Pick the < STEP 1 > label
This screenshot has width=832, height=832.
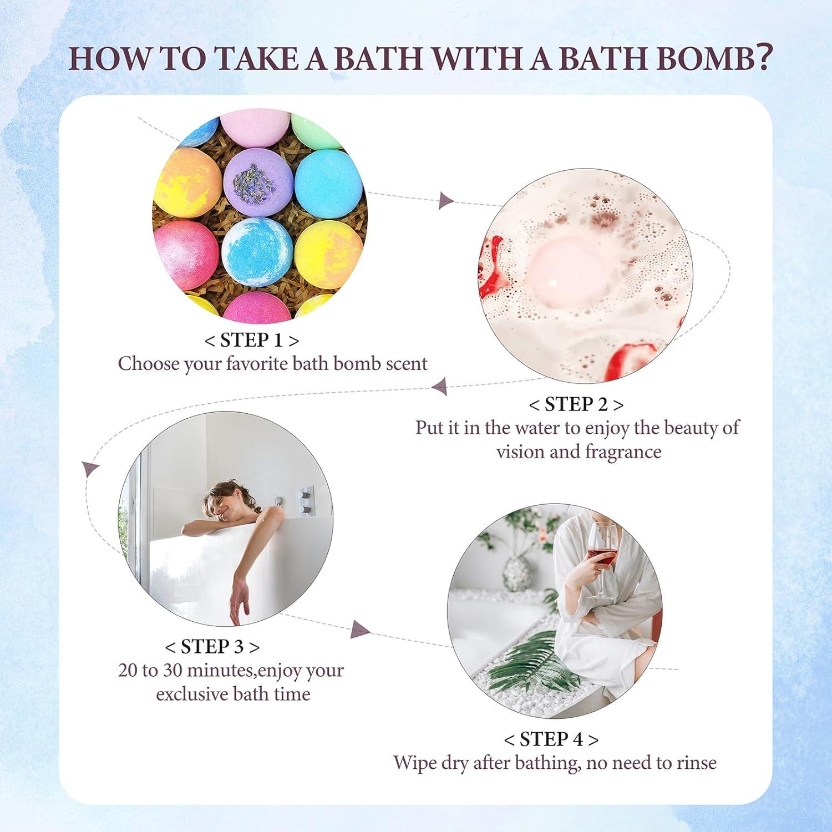[251, 340]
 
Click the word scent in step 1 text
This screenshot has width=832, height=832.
[404, 364]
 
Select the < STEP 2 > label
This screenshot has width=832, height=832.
[576, 404]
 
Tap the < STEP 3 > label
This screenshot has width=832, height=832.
[212, 647]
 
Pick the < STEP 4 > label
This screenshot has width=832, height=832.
[551, 739]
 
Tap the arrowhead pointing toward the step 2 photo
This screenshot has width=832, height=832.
[445, 201]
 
